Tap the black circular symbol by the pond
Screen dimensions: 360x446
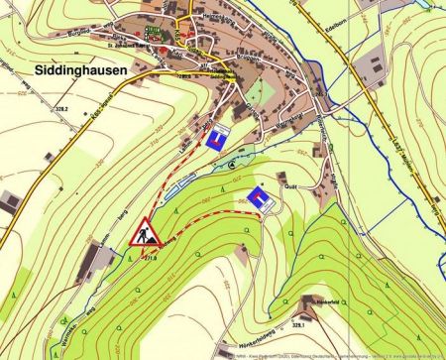tap(232, 163)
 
